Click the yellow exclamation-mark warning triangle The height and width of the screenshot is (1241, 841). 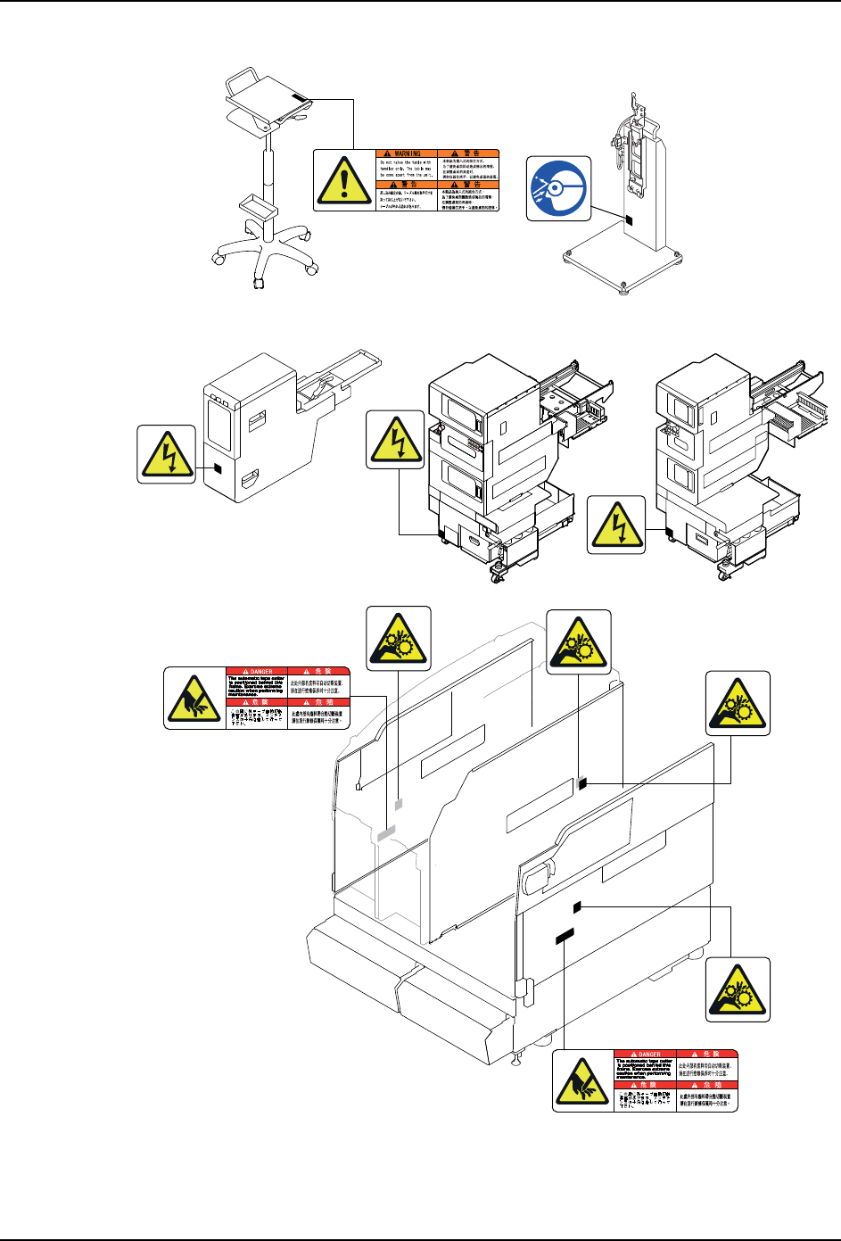tap(344, 180)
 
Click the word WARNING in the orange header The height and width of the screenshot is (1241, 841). tap(408, 153)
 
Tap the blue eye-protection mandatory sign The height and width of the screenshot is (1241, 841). tap(558, 188)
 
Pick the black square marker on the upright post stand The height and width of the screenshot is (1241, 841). tap(629, 219)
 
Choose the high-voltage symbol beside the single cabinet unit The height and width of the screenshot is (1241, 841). tap(167, 453)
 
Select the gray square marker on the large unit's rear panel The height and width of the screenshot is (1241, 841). tap(399, 804)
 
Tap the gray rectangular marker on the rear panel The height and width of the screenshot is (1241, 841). tap(386, 834)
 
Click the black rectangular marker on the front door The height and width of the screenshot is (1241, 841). tap(564, 936)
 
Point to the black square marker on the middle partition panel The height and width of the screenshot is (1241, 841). tap(581, 783)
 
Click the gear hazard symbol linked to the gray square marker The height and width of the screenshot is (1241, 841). tap(399, 639)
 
